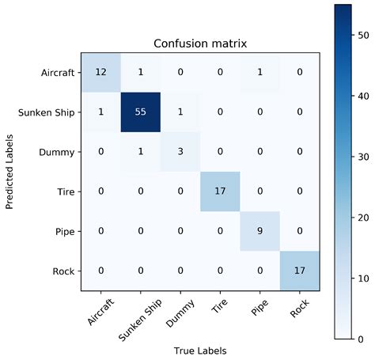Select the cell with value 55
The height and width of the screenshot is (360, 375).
(140, 112)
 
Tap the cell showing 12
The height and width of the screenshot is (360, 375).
(100, 72)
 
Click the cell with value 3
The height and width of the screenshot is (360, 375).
(181, 151)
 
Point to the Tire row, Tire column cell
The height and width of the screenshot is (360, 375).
(221, 191)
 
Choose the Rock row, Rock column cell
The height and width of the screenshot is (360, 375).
(300, 271)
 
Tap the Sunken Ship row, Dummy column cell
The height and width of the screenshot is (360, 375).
(181, 112)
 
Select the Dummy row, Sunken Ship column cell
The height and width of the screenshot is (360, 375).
(140, 151)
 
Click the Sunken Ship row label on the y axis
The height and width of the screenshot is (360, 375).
(46, 112)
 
